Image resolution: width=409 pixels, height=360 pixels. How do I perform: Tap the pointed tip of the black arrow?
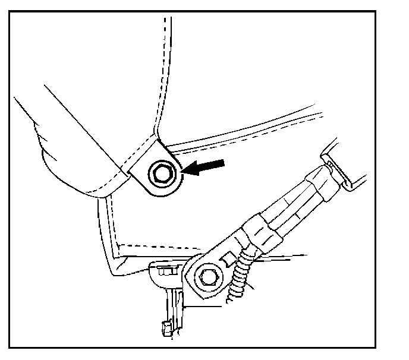coord(184,172)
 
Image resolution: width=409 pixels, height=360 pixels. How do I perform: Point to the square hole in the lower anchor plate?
coord(226,260)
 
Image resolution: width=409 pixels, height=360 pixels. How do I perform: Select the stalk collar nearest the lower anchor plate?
coord(257,230)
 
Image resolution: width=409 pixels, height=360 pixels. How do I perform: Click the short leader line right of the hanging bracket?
coord(205,306)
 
